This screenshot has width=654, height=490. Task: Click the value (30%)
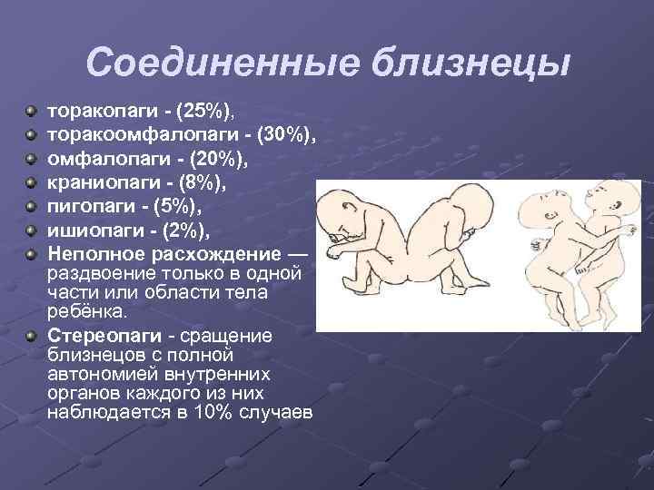[x=284, y=134]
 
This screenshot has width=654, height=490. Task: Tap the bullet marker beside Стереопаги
[x=31, y=337]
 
